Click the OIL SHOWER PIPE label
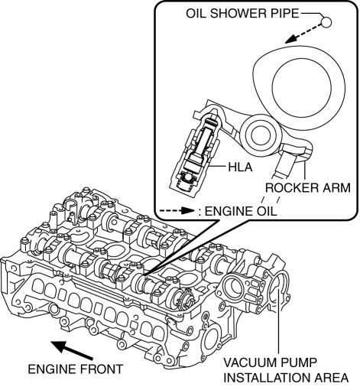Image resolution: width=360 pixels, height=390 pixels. pyautogui.click(x=242, y=14)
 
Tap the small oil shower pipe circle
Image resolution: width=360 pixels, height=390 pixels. pyautogui.click(x=326, y=22)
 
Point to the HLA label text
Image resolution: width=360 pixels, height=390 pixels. pyautogui.click(x=240, y=167)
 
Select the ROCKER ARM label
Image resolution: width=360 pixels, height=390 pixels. pyautogui.click(x=308, y=188)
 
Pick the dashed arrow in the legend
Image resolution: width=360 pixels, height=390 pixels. pyautogui.click(x=177, y=211)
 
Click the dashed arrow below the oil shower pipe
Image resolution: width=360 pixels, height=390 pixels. pyautogui.click(x=303, y=34)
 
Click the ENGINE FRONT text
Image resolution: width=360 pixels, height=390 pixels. pyautogui.click(x=76, y=369)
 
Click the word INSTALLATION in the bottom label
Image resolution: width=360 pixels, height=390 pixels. pyautogui.click(x=268, y=378)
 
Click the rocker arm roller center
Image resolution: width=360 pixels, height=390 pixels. pyautogui.click(x=260, y=135)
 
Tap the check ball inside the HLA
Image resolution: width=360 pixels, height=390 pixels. pyautogui.click(x=189, y=177)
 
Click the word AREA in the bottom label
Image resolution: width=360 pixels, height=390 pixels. pyautogui.click(x=331, y=378)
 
